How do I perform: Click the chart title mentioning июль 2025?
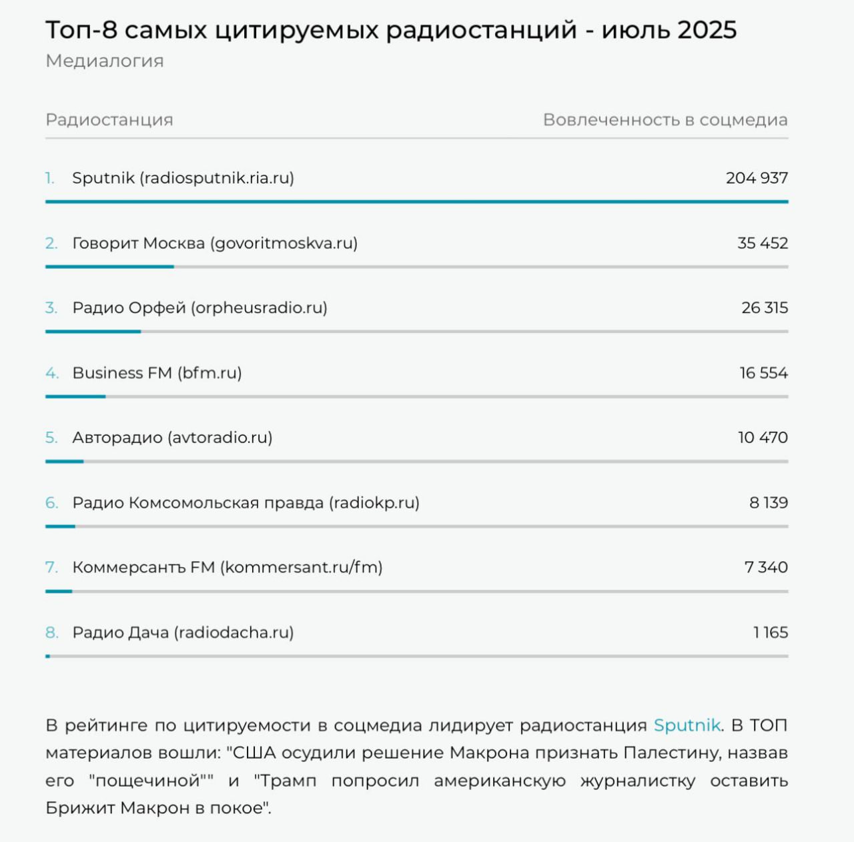pos(391,31)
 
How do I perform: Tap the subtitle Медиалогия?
pos(105,61)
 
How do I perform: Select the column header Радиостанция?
pos(109,120)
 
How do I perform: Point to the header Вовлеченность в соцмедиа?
pos(665,119)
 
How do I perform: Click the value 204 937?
pos(757,178)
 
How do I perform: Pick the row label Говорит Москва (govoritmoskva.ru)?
pos(215,244)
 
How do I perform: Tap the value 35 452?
pos(763,244)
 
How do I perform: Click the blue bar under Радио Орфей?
pos(93,332)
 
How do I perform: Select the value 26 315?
pos(765,308)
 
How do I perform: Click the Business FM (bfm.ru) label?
pos(157,374)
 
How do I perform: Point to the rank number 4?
pos(52,374)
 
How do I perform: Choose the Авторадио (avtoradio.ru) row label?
pos(172,438)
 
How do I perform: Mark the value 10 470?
pos(763,438)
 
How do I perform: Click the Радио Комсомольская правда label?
pos(246,503)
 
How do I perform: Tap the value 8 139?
pos(769,503)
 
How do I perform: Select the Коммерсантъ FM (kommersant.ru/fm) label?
pos(228,568)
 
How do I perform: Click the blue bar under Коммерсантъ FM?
pos(59,592)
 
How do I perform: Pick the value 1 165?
pos(771,633)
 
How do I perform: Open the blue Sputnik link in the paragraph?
pos(687,726)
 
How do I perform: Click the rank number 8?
pos(52,633)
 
